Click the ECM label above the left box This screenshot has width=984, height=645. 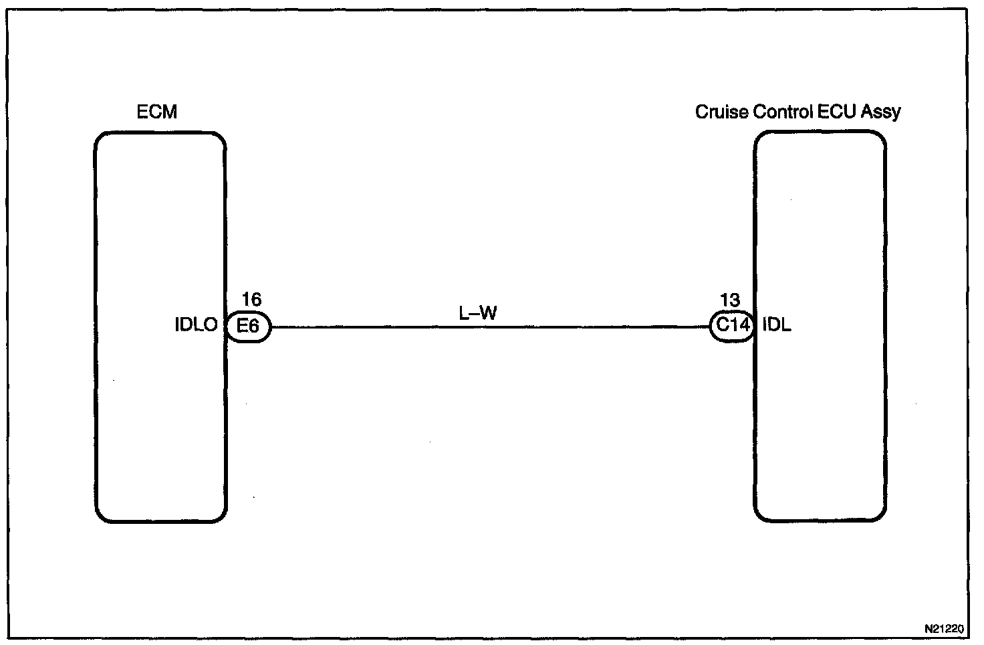[157, 112]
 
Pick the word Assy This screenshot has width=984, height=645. [881, 112]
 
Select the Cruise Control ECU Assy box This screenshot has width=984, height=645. [820, 415]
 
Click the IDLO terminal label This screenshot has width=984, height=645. [196, 326]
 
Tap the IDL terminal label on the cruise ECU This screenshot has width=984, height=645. [777, 326]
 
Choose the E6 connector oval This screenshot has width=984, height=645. [249, 327]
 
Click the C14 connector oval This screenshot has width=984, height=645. [732, 327]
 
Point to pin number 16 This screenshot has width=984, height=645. [251, 300]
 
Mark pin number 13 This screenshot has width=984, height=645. [731, 300]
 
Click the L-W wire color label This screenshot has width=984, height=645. [478, 312]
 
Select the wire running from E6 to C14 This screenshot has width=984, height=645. [488, 327]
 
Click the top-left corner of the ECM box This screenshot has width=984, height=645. [96, 134]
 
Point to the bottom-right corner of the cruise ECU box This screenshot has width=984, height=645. [885, 520]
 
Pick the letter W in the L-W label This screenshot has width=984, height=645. [488, 312]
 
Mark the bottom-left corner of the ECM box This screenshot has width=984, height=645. [97, 521]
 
